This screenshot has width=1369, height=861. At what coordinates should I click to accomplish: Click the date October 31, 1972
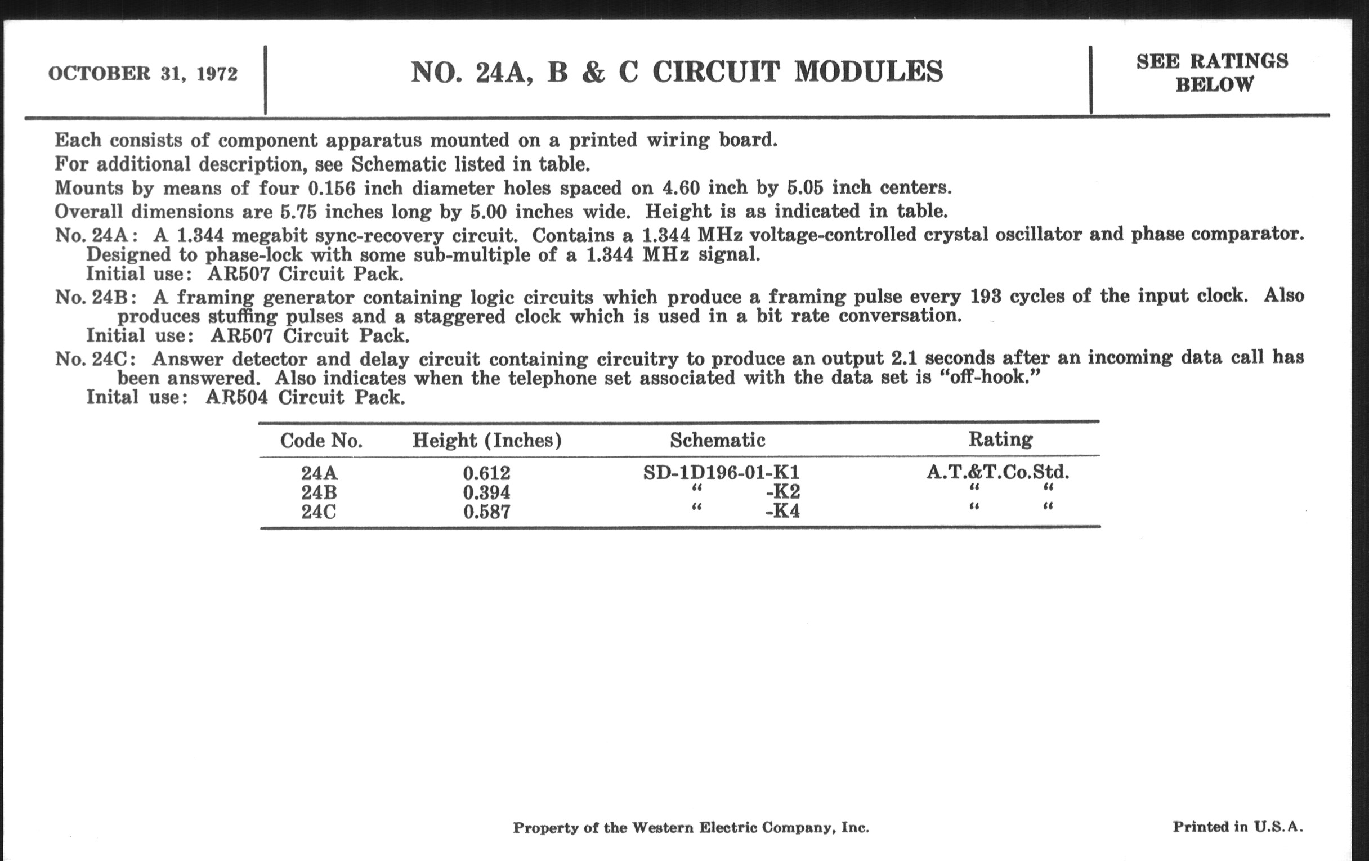point(143,74)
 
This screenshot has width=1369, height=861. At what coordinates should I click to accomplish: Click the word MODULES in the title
point(868,72)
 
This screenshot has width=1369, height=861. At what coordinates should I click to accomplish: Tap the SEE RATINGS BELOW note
point(1212,73)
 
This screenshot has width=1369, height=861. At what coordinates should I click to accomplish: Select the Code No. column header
point(321,441)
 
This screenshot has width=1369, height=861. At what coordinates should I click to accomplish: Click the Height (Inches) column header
point(487,441)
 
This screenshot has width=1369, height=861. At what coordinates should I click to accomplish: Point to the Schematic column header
point(718,440)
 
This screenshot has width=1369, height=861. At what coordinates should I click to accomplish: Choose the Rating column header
point(1001,439)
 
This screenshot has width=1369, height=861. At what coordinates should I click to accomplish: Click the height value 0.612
point(487,473)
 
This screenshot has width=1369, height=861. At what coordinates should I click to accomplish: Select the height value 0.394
point(487,492)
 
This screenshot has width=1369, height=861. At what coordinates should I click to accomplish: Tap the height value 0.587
point(487,512)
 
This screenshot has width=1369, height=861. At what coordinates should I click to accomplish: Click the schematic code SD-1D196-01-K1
point(722,472)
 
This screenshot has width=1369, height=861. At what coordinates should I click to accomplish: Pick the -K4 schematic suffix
point(782,512)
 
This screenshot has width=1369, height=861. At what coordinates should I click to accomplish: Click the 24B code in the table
point(319,492)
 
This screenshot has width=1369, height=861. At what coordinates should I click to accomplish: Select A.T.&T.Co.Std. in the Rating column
point(997,472)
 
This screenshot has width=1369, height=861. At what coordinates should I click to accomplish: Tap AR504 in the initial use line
point(236,397)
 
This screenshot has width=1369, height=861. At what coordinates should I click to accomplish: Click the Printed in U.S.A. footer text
point(1238,827)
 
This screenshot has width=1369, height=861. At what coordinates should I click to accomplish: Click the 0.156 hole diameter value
point(332,187)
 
